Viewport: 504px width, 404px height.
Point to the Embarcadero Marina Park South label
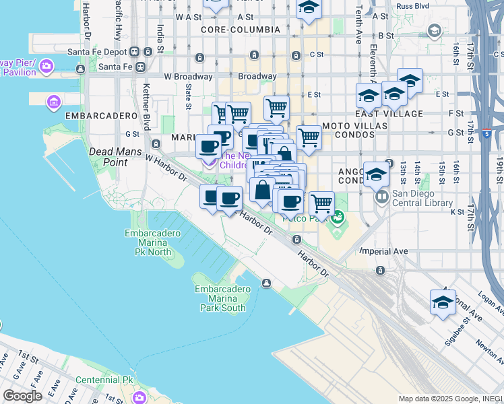pyautogui.click(x=223, y=298)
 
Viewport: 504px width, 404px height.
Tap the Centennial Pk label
pyautogui.click(x=104, y=380)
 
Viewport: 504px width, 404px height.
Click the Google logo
pyautogui.click(x=22, y=396)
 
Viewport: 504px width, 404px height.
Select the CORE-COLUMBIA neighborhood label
pyautogui.click(x=241, y=30)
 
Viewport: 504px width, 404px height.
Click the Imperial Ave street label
pyautogui.click(x=383, y=251)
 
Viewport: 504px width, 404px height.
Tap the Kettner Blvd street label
pyautogui.click(x=146, y=112)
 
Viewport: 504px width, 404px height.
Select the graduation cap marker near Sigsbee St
pyautogui.click(x=443, y=302)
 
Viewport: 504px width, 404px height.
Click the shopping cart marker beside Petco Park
pyautogui.click(x=321, y=203)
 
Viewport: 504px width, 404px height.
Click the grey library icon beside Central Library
pyautogui.click(x=381, y=197)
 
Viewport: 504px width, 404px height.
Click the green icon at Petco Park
pyautogui.click(x=338, y=217)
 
